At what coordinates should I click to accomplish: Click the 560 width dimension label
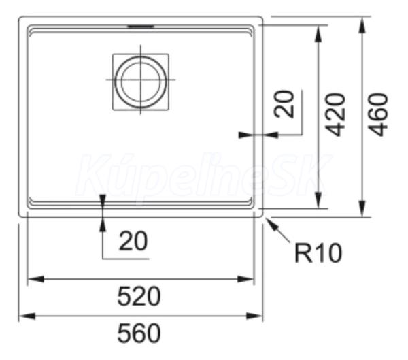point(139,333)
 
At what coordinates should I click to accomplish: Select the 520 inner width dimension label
point(139,296)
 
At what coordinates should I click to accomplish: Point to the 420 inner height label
point(336,114)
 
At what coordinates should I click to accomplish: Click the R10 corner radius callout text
point(318,252)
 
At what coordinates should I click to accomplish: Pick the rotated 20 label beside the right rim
point(284,104)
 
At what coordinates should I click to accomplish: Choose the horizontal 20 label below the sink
point(133,241)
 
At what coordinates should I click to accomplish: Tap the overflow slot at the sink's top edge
point(141,26)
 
